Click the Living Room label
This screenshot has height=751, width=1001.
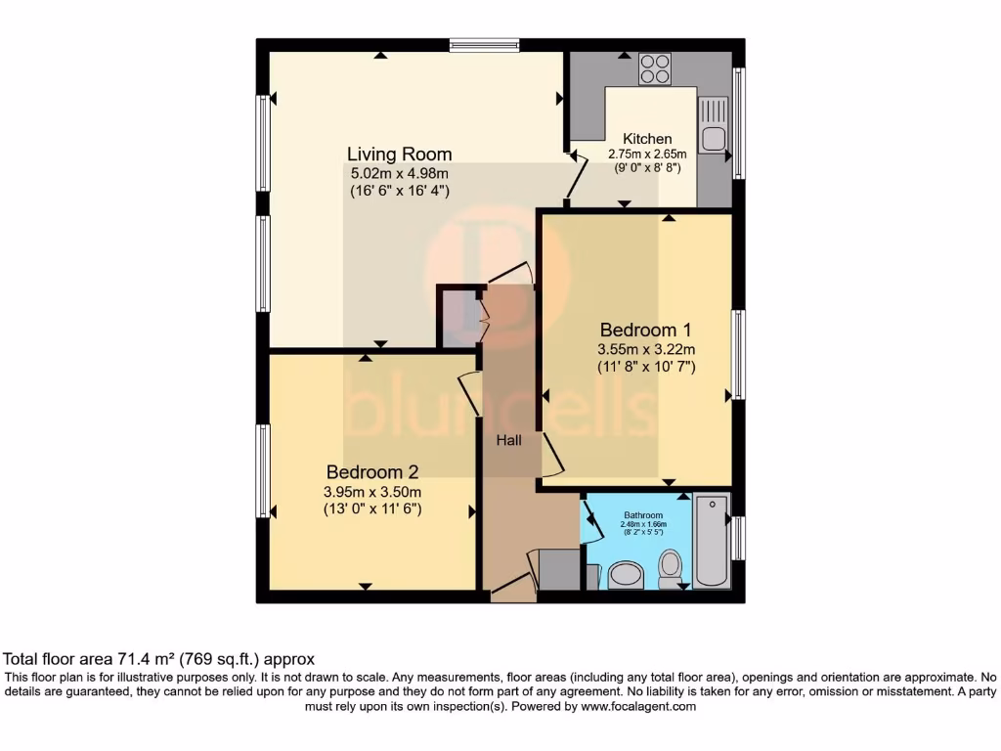point(400,154)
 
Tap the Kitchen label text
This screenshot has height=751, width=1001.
point(647,139)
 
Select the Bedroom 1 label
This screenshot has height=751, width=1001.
point(646,331)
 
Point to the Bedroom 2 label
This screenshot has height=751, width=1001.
point(372,472)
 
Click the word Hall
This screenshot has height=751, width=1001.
point(508,440)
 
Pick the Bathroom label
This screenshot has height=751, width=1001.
point(643,515)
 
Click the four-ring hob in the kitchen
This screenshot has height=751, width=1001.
point(655,68)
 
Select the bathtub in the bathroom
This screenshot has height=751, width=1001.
point(712,540)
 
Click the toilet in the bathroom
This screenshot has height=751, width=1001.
point(670,569)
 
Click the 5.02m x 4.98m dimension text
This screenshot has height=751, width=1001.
point(400,173)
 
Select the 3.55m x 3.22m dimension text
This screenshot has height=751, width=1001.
point(646,349)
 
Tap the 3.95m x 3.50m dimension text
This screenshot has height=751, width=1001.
point(372,492)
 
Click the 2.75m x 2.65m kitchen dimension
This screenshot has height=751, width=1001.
point(647,154)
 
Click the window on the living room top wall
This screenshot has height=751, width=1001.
point(484,45)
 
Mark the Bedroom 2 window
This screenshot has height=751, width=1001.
point(262,470)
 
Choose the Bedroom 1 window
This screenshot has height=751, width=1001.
point(739,354)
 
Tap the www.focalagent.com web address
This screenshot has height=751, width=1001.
point(638,706)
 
